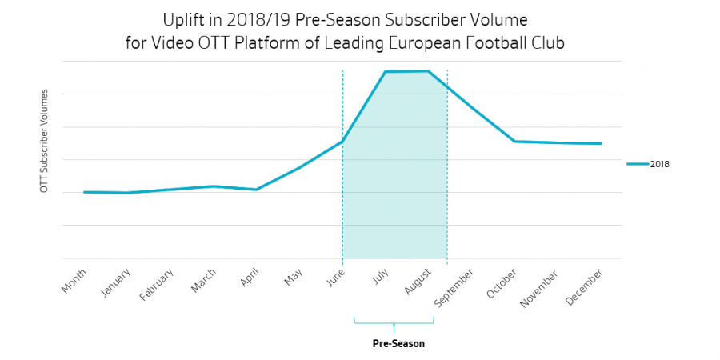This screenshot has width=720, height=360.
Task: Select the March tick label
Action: [x=202, y=280]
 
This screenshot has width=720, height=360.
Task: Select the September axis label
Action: [x=454, y=286]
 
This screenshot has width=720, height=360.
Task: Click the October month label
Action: [x=502, y=282]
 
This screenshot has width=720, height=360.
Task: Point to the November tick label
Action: [x=541, y=287]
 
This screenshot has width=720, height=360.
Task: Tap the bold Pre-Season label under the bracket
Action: [x=398, y=344]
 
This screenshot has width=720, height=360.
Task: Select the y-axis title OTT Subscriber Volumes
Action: [x=45, y=141]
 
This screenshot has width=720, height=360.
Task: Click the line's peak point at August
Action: [x=429, y=71]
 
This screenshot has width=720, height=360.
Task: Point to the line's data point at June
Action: [x=342, y=142]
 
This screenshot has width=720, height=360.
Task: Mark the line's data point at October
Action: [x=514, y=142]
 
